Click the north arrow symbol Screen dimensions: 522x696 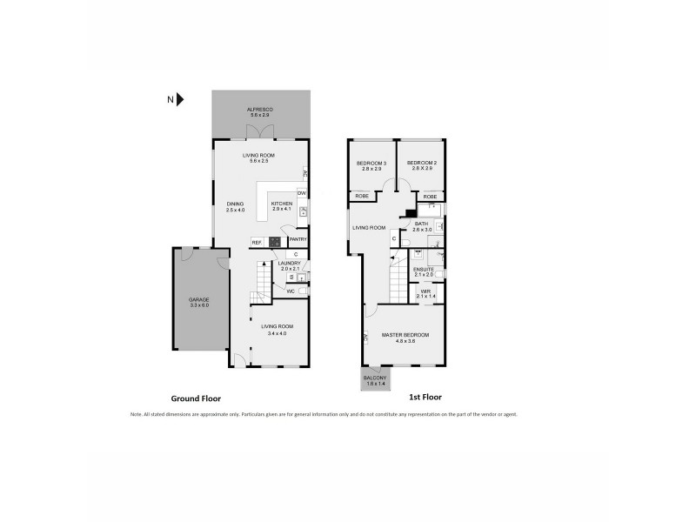[181, 100]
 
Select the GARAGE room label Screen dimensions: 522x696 [199, 299]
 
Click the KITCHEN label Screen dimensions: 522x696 [280, 204]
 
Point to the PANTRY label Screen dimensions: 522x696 [298, 240]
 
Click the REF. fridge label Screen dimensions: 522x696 [258, 241]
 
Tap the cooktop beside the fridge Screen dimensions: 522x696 [275, 241]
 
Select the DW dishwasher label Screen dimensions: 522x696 [301, 192]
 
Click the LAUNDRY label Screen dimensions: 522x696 [290, 263]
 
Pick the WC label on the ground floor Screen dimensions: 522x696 [291, 291]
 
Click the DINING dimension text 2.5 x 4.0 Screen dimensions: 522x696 [236, 210]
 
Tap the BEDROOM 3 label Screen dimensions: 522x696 [371, 163]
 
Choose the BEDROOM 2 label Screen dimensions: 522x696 [421, 163]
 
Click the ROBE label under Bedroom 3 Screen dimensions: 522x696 [361, 197]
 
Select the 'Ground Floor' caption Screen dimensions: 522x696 [197, 398]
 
